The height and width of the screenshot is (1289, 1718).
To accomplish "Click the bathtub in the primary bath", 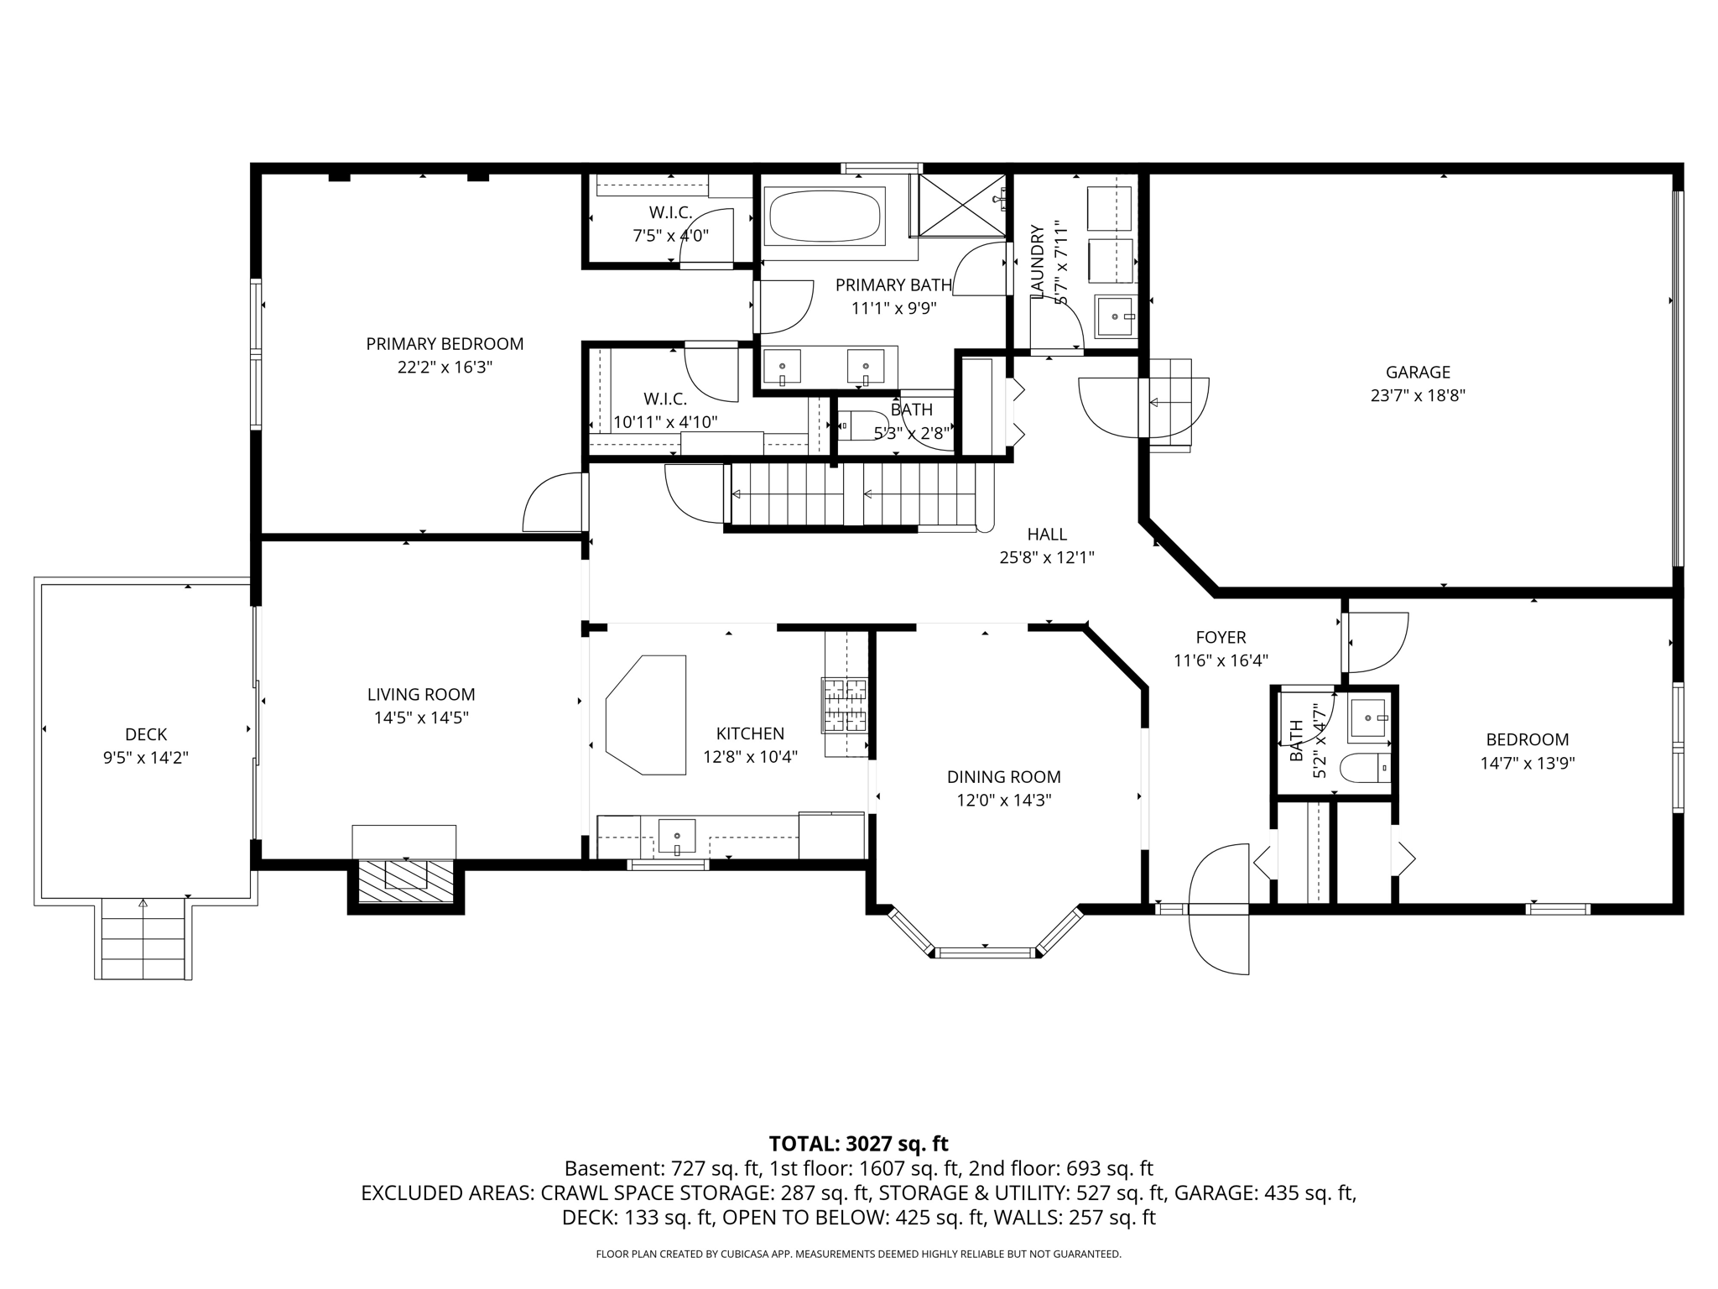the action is pyautogui.click(x=826, y=217).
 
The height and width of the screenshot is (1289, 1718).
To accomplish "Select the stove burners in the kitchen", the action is pyautogui.click(x=845, y=705).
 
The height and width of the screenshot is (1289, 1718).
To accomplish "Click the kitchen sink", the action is pyautogui.click(x=676, y=838).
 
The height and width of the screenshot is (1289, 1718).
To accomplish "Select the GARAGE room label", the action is pyautogui.click(x=1418, y=372).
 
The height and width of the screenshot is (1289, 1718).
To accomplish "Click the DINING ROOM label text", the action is pyautogui.click(x=1004, y=777).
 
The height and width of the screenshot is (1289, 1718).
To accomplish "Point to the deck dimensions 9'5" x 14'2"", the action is pyautogui.click(x=146, y=758).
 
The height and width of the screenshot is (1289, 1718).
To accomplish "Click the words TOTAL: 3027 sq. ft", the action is pyautogui.click(x=858, y=1143).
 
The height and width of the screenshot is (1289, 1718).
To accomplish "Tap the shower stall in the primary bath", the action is pyautogui.click(x=962, y=206).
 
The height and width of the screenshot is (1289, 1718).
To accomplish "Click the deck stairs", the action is pyautogui.click(x=143, y=938).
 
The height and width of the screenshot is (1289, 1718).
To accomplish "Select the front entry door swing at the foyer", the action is pyautogui.click(x=1221, y=910).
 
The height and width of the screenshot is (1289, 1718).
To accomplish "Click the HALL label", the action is pyautogui.click(x=1047, y=534).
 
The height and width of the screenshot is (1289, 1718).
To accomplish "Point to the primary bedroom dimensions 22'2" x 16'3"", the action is pyautogui.click(x=445, y=368).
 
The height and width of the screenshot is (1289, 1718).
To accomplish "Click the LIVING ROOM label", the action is pyautogui.click(x=421, y=695).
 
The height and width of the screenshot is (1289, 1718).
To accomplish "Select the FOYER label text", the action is pyautogui.click(x=1221, y=638).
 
